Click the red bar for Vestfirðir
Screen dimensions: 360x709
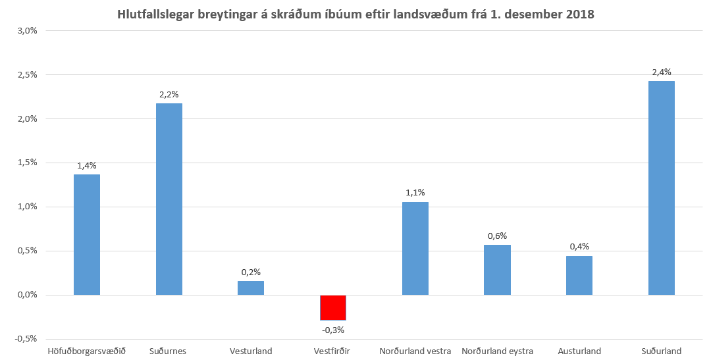(333, 307)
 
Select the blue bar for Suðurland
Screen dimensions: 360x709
(661, 188)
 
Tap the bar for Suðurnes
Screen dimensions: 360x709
(169, 199)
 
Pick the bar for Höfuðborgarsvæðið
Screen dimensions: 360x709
(87, 234)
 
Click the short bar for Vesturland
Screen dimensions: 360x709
(251, 288)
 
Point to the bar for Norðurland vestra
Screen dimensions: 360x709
(415, 248)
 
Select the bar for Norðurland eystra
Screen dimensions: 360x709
(497, 270)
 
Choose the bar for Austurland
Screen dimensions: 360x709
(579, 275)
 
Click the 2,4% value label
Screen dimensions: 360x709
(661, 72)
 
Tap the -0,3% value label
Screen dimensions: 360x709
(333, 330)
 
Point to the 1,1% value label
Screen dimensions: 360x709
(415, 193)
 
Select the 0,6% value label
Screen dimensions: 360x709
(497, 236)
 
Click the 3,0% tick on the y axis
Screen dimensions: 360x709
(27, 31)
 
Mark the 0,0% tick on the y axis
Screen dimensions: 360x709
(27, 295)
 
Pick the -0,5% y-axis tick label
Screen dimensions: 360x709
(26, 338)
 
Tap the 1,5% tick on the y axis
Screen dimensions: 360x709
(27, 163)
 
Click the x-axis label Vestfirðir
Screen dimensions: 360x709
(332, 351)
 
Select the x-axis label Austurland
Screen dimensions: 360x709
(579, 351)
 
